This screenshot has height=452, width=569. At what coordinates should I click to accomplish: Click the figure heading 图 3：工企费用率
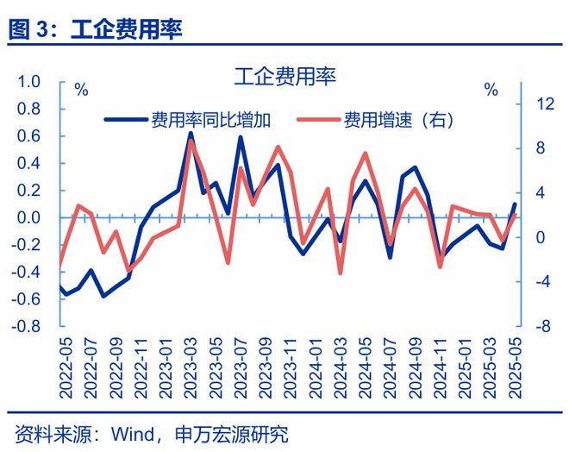click(x=96, y=28)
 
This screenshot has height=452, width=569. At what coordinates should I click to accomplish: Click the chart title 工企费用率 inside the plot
click(x=284, y=76)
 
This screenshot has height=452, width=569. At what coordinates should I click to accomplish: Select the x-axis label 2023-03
click(x=191, y=367)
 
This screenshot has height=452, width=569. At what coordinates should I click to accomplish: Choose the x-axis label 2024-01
click(x=316, y=367)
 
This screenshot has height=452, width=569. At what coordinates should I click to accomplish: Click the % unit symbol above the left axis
click(x=81, y=90)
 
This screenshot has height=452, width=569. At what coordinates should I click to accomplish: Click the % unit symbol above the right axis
click(x=491, y=90)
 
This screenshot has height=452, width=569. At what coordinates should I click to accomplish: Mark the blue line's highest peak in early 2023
click(x=191, y=134)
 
